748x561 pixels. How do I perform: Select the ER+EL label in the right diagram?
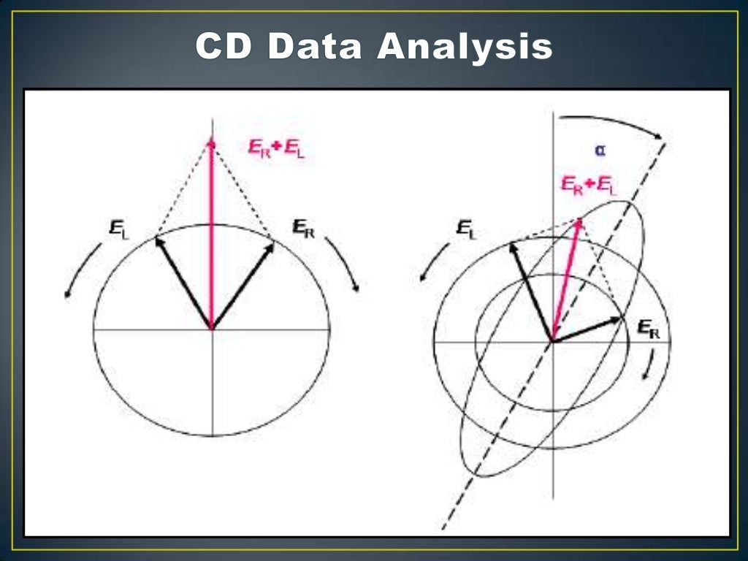(589, 185)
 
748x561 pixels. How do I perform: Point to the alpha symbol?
(600, 150)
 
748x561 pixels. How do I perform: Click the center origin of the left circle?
(212, 329)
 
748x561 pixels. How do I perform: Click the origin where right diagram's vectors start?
(552, 341)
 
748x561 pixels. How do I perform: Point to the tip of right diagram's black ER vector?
(619, 318)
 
